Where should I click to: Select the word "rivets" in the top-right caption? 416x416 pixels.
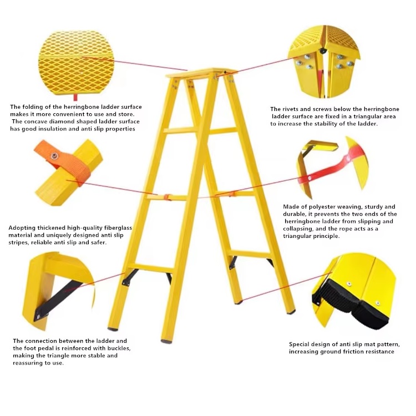click(291, 109)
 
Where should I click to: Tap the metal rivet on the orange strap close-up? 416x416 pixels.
click(55, 156)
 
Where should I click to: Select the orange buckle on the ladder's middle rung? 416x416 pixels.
click(167, 197)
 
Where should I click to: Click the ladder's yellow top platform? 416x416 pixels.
click(202, 73)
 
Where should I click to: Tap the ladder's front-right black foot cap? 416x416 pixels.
click(166, 341)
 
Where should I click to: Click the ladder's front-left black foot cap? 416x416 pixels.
click(113, 329)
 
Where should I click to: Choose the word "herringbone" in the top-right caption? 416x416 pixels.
click(381, 109)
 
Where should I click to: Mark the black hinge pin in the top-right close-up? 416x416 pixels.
click(323, 50)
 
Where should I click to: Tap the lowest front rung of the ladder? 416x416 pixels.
click(150, 268)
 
